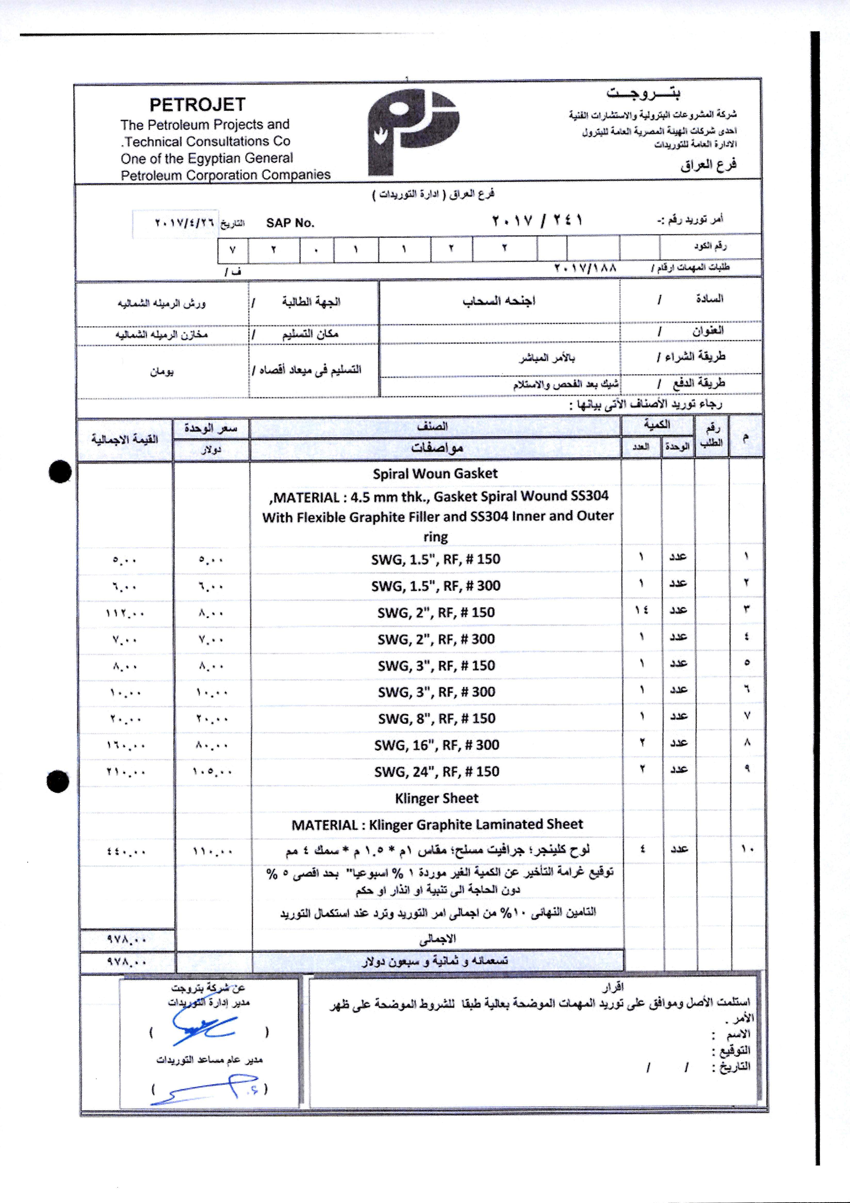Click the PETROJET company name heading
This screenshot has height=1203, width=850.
click(x=198, y=105)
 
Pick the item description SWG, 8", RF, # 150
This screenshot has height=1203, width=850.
click(x=436, y=718)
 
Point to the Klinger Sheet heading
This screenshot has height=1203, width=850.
click(x=436, y=798)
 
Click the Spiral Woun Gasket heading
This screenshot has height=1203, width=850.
click(x=435, y=474)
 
